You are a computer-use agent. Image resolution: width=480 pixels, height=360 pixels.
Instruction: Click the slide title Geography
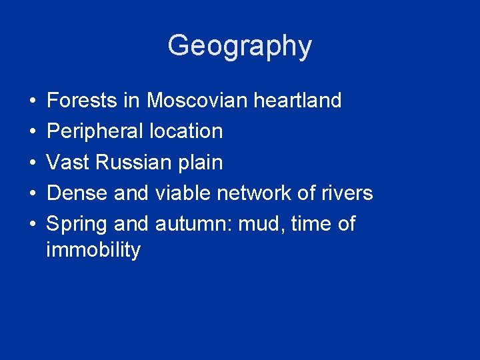click(239, 47)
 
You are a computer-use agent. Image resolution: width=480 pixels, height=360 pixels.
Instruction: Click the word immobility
click(93, 251)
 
